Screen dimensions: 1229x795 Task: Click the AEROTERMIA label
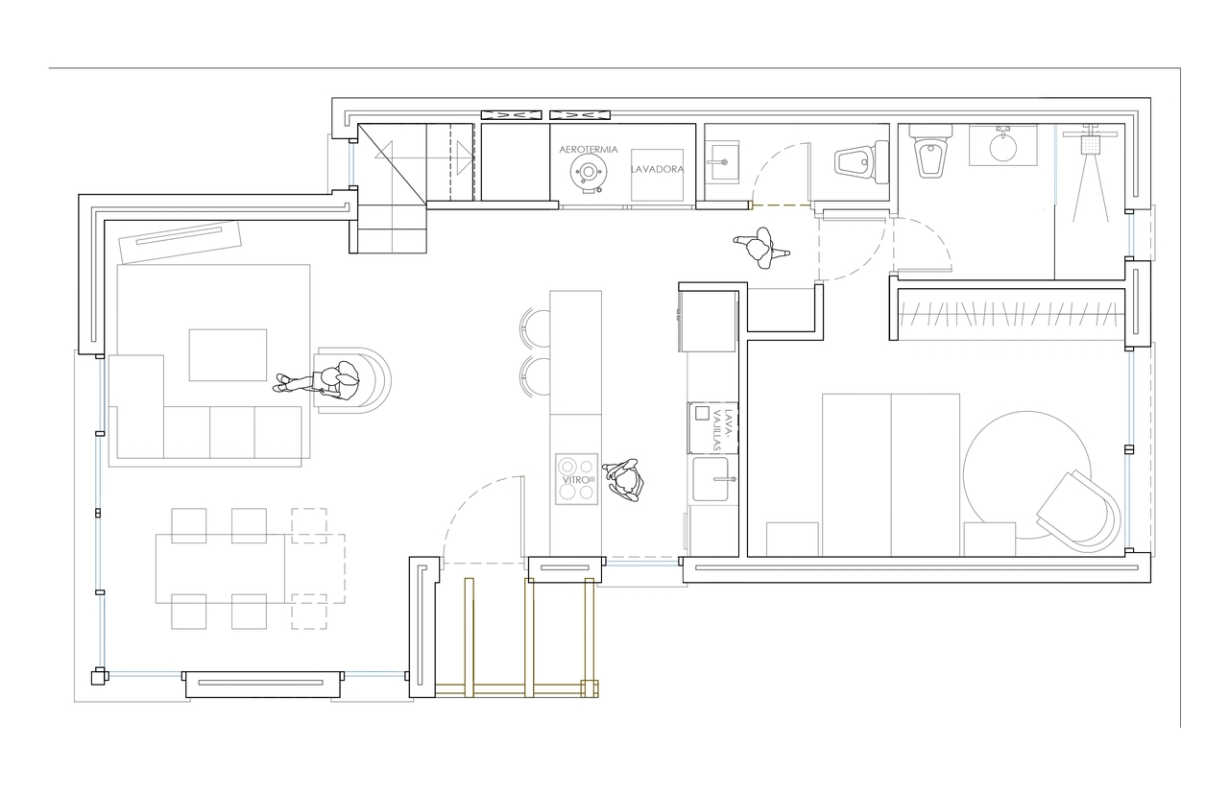point(589,149)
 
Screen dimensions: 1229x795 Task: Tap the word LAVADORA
point(658,169)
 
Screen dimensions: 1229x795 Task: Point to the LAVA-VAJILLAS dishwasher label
point(723,429)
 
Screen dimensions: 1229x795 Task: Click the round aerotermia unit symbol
point(589,172)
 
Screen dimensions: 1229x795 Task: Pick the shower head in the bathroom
point(1091,144)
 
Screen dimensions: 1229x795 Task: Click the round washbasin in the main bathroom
point(1003,147)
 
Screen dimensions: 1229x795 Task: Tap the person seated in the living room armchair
point(317,379)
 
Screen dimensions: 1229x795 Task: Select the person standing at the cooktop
point(624,480)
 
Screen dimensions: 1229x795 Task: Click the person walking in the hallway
point(761,248)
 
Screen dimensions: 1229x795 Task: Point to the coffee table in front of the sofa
point(228,355)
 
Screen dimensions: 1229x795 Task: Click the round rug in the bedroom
point(1027,475)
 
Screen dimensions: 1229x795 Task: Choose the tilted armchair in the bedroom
point(1078,512)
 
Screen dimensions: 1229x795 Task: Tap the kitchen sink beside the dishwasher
point(711,479)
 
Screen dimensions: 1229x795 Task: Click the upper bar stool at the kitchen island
point(535,328)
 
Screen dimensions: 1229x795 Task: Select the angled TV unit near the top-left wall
point(181,241)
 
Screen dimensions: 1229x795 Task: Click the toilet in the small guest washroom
point(862,162)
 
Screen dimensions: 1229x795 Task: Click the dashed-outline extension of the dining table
point(315,568)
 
